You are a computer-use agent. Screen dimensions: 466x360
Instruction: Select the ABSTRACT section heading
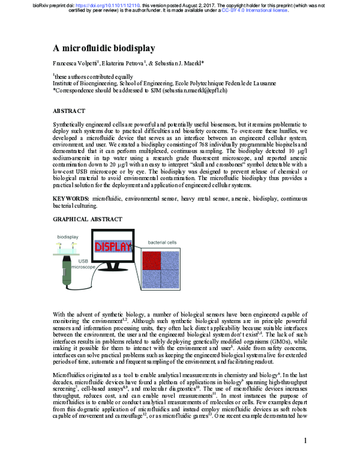coord(69,111)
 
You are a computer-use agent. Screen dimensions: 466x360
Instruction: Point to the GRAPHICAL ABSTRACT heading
coord(88,220)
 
